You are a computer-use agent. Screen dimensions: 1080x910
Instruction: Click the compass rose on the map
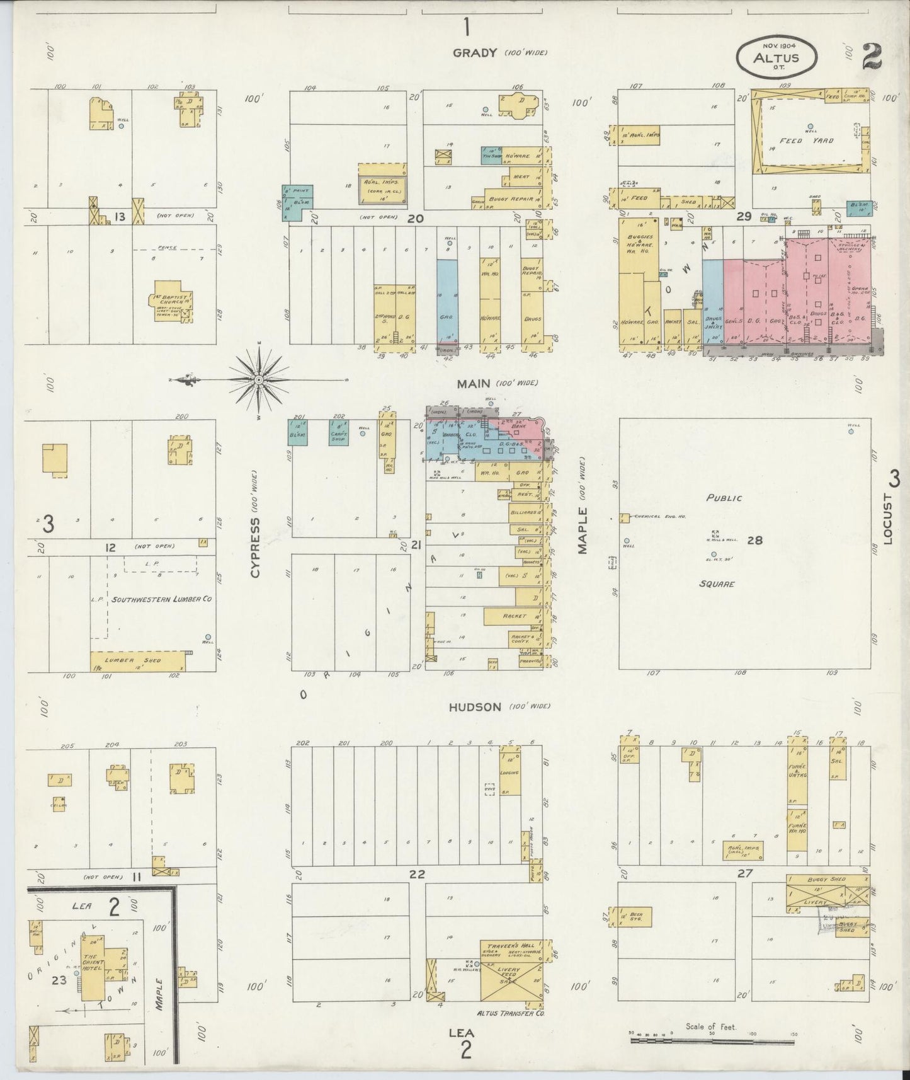point(258,380)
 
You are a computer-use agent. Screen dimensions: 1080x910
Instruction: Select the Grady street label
point(475,53)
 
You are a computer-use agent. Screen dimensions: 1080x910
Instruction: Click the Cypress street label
point(255,548)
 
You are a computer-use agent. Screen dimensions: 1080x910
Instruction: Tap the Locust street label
point(888,518)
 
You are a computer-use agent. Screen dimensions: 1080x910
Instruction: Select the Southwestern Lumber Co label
point(161,599)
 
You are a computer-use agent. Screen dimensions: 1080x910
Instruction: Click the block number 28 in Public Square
point(754,540)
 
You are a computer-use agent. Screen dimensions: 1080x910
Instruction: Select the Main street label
point(474,382)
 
